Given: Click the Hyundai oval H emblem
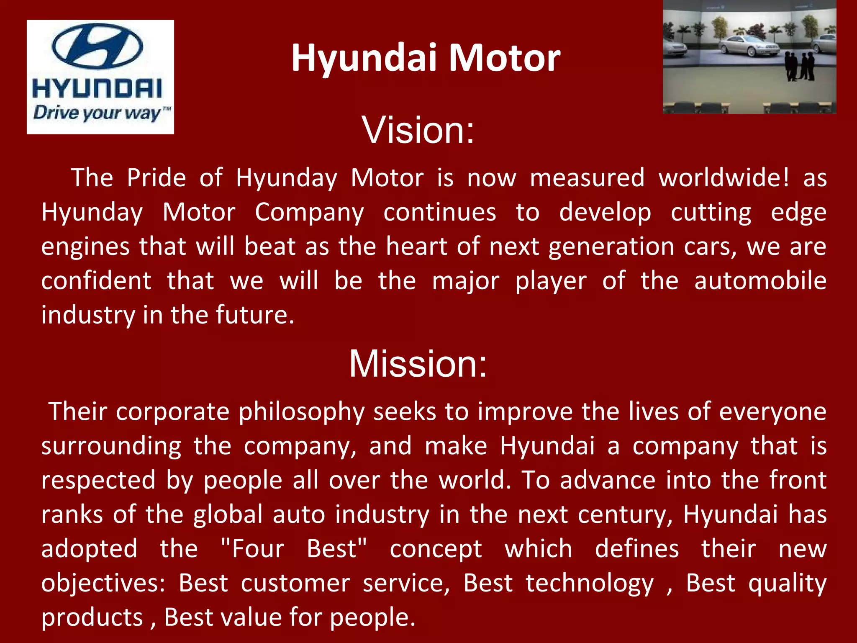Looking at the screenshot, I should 97,46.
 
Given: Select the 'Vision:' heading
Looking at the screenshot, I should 418,130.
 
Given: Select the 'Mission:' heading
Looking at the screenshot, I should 418,364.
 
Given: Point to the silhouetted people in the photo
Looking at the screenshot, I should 799,66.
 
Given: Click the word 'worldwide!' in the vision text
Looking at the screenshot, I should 724,177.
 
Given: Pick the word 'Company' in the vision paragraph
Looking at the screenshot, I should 309,213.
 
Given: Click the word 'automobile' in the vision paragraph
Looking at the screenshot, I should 760,280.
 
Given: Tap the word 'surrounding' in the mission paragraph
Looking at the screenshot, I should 111,447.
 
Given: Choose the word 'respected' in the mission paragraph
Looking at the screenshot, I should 98,481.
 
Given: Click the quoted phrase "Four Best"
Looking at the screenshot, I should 294,549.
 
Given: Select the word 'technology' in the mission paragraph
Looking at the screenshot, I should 589,584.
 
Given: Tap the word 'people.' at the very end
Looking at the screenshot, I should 372,618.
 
